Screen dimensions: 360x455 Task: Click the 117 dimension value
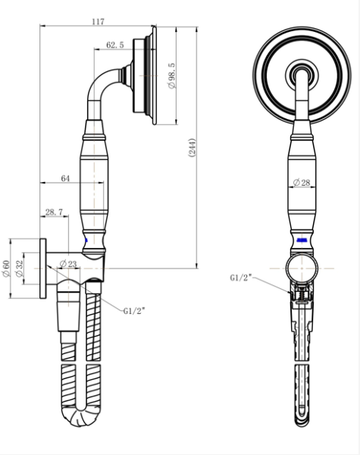(x=98, y=21)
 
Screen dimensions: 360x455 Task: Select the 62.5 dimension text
(x=115, y=45)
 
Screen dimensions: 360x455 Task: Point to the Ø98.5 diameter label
(x=172, y=76)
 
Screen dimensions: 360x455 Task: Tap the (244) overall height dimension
(x=193, y=148)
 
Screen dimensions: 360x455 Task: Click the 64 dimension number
(x=65, y=178)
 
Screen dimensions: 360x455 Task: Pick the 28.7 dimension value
(x=54, y=212)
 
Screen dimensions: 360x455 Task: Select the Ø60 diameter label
(x=6, y=268)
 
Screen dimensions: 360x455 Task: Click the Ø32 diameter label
(x=19, y=268)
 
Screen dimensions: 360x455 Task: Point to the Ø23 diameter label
(x=68, y=263)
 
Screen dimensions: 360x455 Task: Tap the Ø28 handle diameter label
(x=302, y=183)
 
